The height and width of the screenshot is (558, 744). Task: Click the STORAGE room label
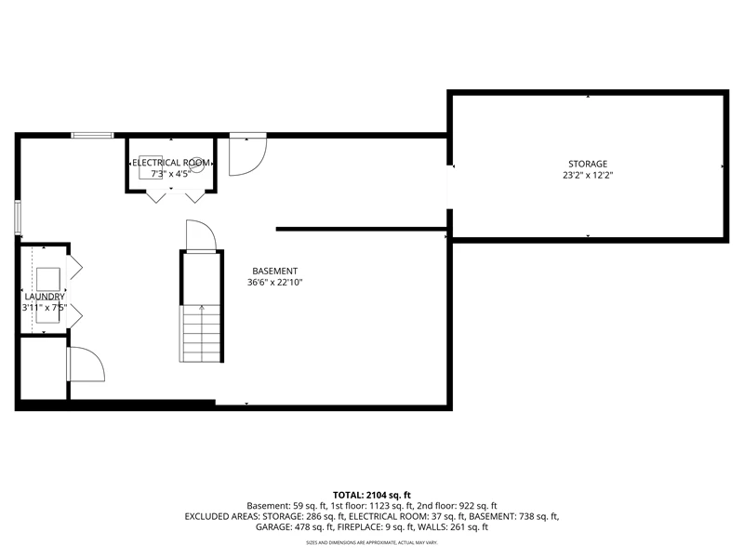(x=588, y=164)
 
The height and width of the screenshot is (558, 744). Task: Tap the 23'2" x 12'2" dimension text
(x=588, y=175)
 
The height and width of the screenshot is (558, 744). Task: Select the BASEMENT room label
(x=274, y=271)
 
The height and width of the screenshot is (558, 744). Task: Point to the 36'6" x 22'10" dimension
(x=274, y=283)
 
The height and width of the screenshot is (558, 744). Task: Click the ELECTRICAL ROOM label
(x=171, y=163)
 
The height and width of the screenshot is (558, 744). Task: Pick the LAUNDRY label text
(x=45, y=297)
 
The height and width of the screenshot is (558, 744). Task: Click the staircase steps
(x=200, y=334)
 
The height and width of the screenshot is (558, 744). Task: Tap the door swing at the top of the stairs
(x=201, y=234)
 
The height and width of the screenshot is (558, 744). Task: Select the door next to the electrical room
(x=247, y=154)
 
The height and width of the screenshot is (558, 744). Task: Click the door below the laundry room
(x=86, y=364)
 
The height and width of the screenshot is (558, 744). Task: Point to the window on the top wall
(x=92, y=135)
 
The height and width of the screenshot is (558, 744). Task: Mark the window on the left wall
(x=18, y=218)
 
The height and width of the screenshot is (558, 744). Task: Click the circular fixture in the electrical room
(x=197, y=165)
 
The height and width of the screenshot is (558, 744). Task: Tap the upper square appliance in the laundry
(x=48, y=279)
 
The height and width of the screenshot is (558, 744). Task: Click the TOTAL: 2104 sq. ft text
(x=371, y=496)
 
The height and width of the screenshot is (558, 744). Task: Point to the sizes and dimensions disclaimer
(x=371, y=542)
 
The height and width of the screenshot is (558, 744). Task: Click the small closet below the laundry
(x=44, y=368)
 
